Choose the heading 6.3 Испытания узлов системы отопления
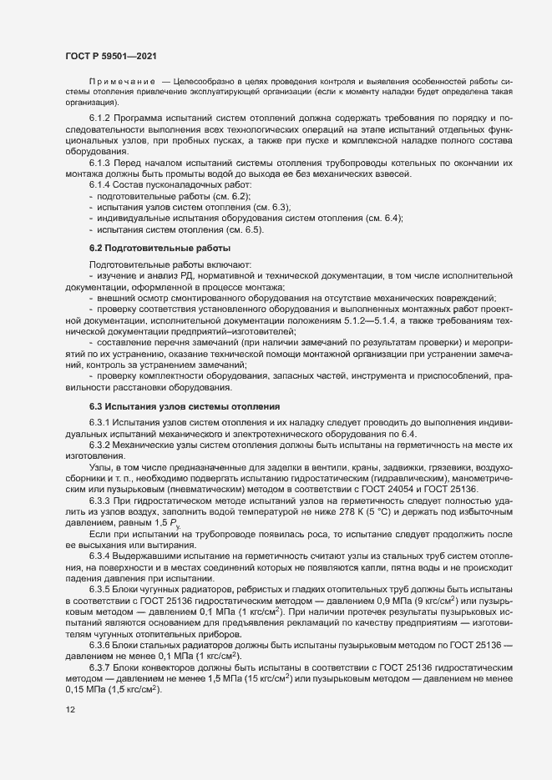click(x=184, y=406)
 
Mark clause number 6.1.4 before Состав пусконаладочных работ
click(x=103, y=186)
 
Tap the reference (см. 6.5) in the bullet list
click(x=245, y=229)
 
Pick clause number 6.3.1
click(x=103, y=422)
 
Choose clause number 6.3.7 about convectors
click(x=103, y=668)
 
